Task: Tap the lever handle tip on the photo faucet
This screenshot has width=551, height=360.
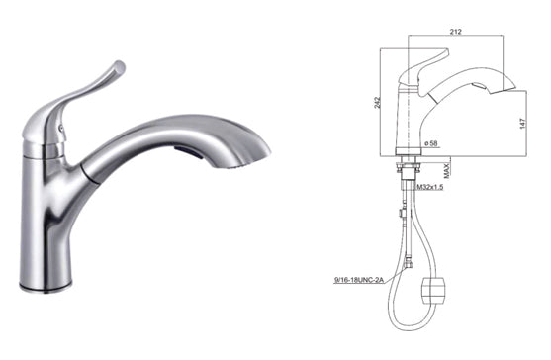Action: [x=118, y=68]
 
